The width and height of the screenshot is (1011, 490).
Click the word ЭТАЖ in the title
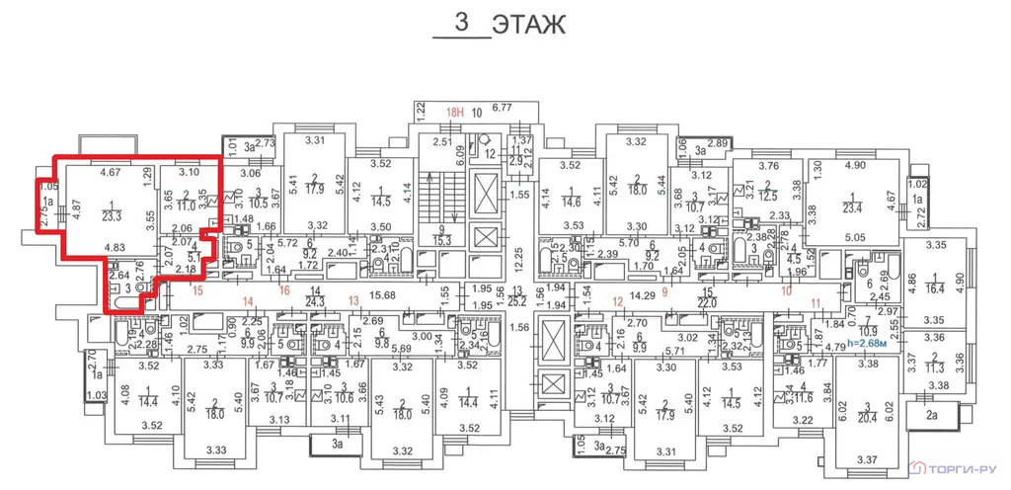coord(529,25)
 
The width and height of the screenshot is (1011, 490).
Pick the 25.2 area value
coord(517,301)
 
